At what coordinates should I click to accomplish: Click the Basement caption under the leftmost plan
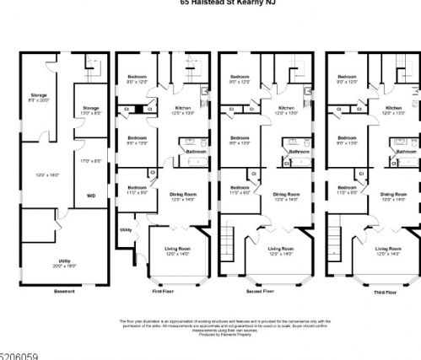(65, 291)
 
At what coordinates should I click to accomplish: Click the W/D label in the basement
(90, 195)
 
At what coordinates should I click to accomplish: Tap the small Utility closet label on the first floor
(126, 228)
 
